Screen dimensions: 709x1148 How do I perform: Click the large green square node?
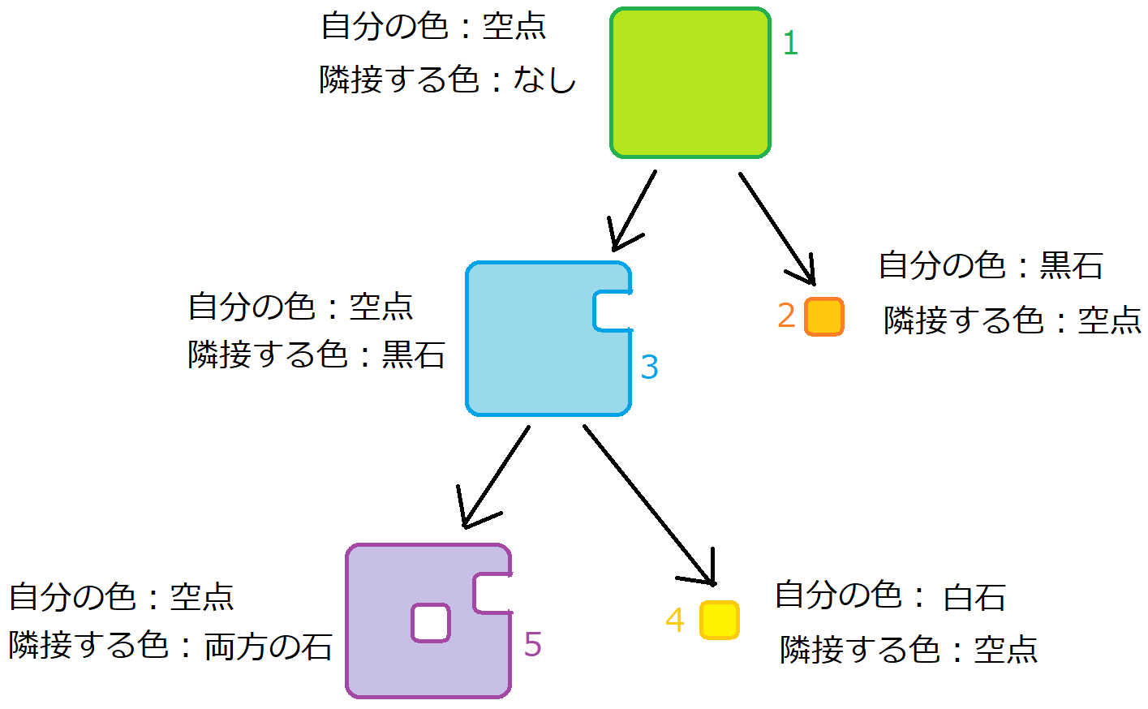point(690,83)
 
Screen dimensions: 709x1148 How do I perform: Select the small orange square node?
point(823,316)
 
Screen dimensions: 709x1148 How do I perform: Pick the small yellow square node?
point(719,621)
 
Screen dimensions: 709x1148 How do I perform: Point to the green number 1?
point(790,43)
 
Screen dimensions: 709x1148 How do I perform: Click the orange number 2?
point(785,316)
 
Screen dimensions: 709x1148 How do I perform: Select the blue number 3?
point(649,367)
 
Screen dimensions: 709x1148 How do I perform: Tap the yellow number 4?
point(674,621)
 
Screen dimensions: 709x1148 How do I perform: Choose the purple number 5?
point(532,645)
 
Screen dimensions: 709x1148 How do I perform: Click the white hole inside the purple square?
point(430,623)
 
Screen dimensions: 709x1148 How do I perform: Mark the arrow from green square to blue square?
point(634,210)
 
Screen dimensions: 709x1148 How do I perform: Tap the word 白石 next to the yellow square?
point(974,598)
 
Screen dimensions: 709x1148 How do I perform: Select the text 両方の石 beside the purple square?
point(268,647)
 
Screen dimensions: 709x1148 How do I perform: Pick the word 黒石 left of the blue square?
point(413,354)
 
